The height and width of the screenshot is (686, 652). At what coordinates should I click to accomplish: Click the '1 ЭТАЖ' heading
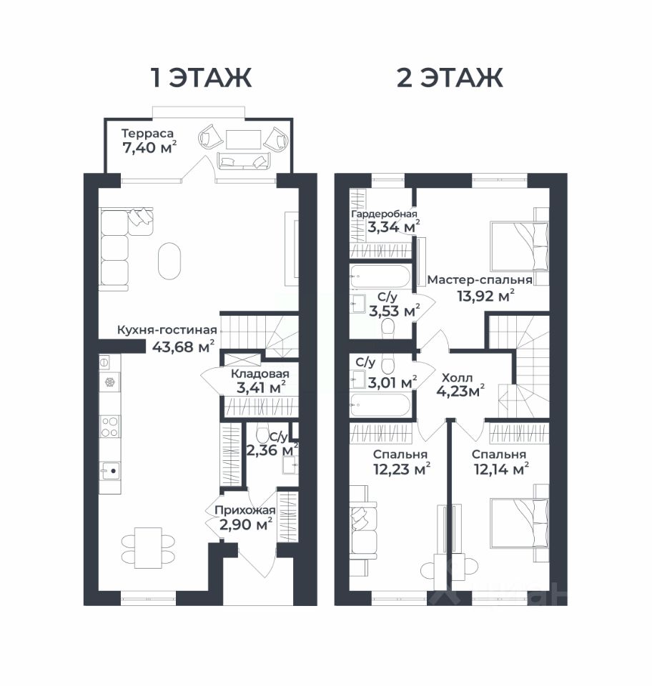[202, 78]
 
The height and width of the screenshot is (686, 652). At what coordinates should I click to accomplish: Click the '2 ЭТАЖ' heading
[450, 78]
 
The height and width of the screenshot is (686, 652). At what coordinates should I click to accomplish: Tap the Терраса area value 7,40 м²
[149, 148]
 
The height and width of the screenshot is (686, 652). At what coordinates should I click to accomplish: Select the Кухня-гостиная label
[167, 330]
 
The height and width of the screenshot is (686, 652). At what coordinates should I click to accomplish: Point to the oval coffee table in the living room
[169, 261]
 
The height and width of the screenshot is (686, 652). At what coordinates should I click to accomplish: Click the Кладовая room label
[260, 374]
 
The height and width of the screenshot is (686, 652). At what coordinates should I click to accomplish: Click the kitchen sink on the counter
[110, 472]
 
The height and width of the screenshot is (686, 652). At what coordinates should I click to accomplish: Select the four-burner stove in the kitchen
[110, 427]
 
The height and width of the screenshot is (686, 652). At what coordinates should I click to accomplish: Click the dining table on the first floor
[148, 548]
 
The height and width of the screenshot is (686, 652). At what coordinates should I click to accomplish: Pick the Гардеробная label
[385, 214]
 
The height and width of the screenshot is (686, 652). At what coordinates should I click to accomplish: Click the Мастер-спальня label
[480, 279]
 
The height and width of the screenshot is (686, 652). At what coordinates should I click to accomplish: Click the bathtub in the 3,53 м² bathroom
[380, 277]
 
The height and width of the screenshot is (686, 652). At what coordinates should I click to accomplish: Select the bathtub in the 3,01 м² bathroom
[380, 405]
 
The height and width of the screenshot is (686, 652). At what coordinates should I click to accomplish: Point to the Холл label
[458, 377]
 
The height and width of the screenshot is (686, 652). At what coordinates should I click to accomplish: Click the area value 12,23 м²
[401, 469]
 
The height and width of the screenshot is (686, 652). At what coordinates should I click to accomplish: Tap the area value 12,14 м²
[501, 469]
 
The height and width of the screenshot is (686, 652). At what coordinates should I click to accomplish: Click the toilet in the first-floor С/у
[263, 433]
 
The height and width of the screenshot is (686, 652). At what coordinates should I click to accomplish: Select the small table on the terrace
[243, 139]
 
